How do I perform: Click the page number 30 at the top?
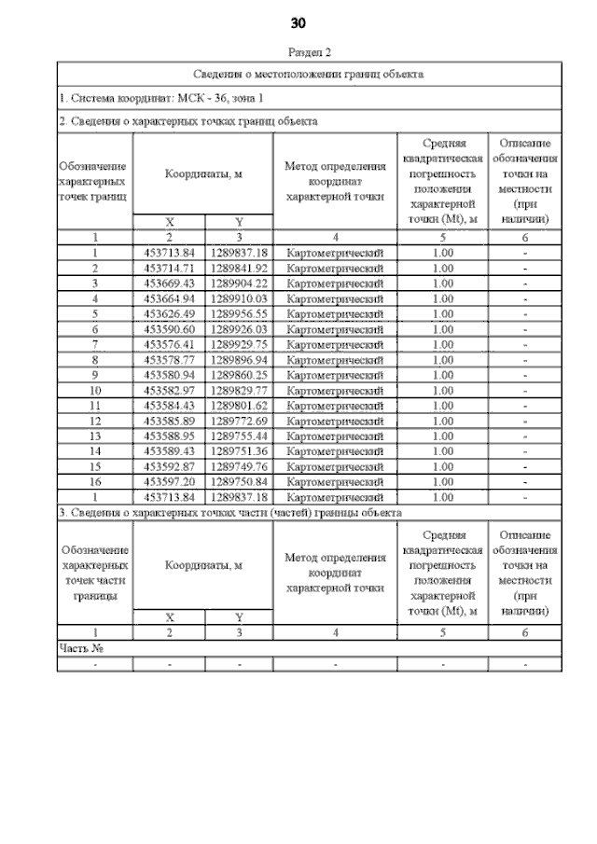click(298, 22)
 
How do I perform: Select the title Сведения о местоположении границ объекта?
click(309, 73)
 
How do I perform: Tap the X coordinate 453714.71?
click(169, 268)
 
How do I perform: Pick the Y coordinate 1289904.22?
click(239, 283)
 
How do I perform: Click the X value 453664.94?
click(169, 298)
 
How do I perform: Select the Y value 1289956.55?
click(239, 313)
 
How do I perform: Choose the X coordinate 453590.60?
click(169, 329)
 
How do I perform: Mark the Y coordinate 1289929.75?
click(239, 344)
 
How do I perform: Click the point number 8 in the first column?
click(95, 360)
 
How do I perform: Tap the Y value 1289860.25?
click(239, 375)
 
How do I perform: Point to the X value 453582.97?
click(169, 390)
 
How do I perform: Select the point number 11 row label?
click(95, 406)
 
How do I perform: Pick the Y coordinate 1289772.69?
click(239, 421)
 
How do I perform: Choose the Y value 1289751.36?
click(239, 451)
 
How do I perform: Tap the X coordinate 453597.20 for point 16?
click(169, 482)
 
